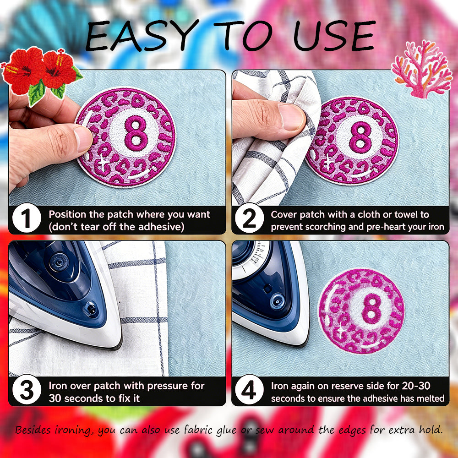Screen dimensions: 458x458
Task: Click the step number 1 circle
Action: [27, 218]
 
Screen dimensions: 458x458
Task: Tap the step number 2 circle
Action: [249, 218]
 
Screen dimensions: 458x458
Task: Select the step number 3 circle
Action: [27, 389]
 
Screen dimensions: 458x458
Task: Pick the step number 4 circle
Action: [249, 389]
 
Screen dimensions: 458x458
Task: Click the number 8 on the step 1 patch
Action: [136, 133]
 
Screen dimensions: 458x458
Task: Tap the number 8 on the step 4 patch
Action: [371, 310]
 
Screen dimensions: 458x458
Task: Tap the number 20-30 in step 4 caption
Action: [416, 386]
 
